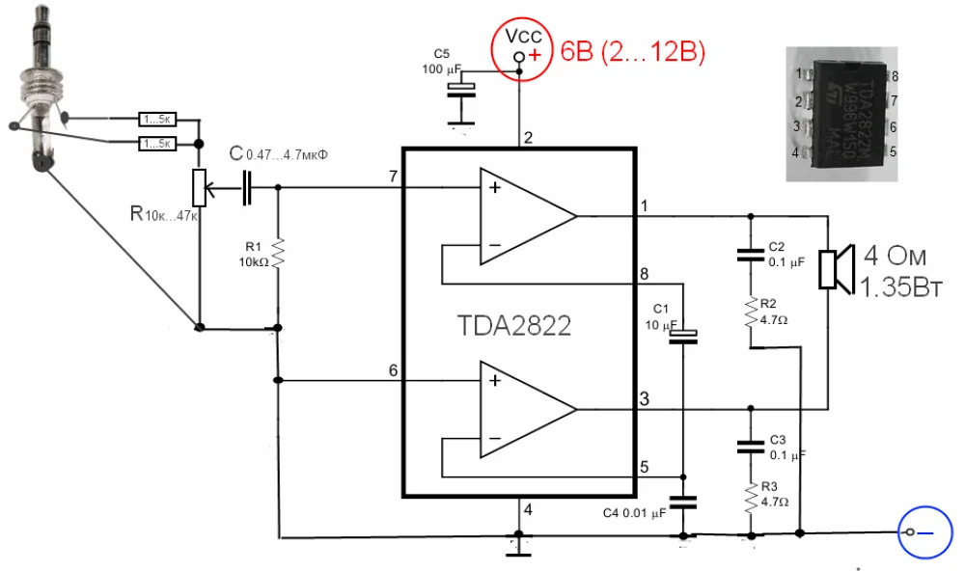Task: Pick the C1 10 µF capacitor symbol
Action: (x=682, y=337)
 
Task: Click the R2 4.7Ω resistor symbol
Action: (x=749, y=312)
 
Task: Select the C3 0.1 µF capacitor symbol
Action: (x=749, y=447)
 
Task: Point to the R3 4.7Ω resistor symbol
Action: (x=749, y=499)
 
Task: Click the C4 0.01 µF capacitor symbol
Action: (x=682, y=503)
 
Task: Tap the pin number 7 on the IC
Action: (x=392, y=176)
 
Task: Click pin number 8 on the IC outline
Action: (x=645, y=274)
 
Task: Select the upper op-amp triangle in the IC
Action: (x=527, y=215)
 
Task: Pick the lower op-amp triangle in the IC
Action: (x=527, y=409)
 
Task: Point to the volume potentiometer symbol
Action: (x=200, y=187)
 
